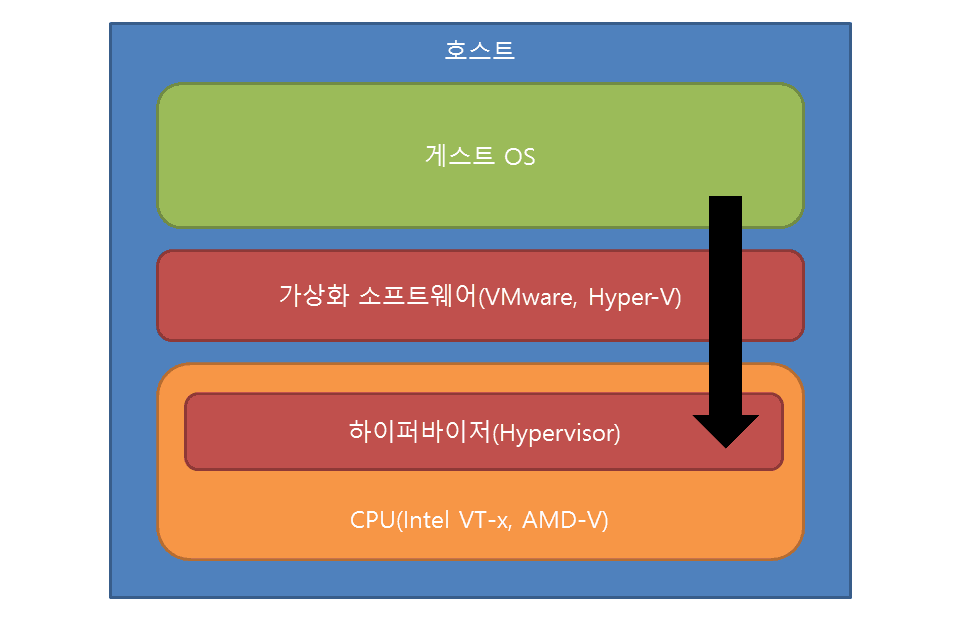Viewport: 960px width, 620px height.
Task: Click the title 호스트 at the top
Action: coord(480,49)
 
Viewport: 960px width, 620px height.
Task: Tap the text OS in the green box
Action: coord(519,157)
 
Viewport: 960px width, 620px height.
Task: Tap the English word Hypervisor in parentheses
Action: coord(558,433)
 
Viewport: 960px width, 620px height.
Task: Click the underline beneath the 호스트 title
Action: coord(480,61)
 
